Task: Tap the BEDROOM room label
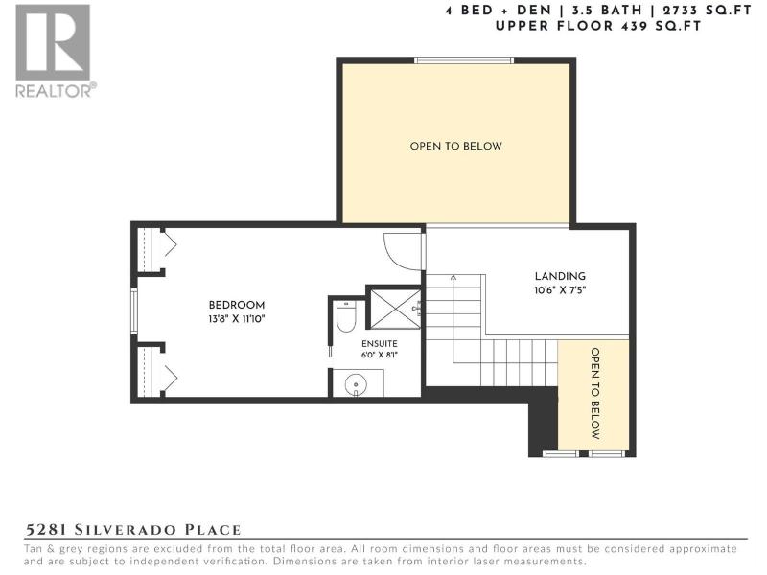click(x=237, y=305)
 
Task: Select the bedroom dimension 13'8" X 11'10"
click(x=237, y=319)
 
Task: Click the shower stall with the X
click(x=395, y=309)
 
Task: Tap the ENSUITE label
click(x=380, y=344)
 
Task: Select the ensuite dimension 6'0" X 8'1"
click(x=380, y=355)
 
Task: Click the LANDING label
click(x=560, y=276)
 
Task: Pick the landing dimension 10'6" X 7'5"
click(x=560, y=290)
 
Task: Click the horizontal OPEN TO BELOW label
click(x=456, y=147)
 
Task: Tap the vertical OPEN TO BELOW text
click(x=595, y=394)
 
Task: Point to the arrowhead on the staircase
click(x=453, y=278)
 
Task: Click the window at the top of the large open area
click(x=464, y=60)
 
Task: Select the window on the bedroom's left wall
click(x=134, y=311)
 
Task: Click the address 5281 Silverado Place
click(x=133, y=530)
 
